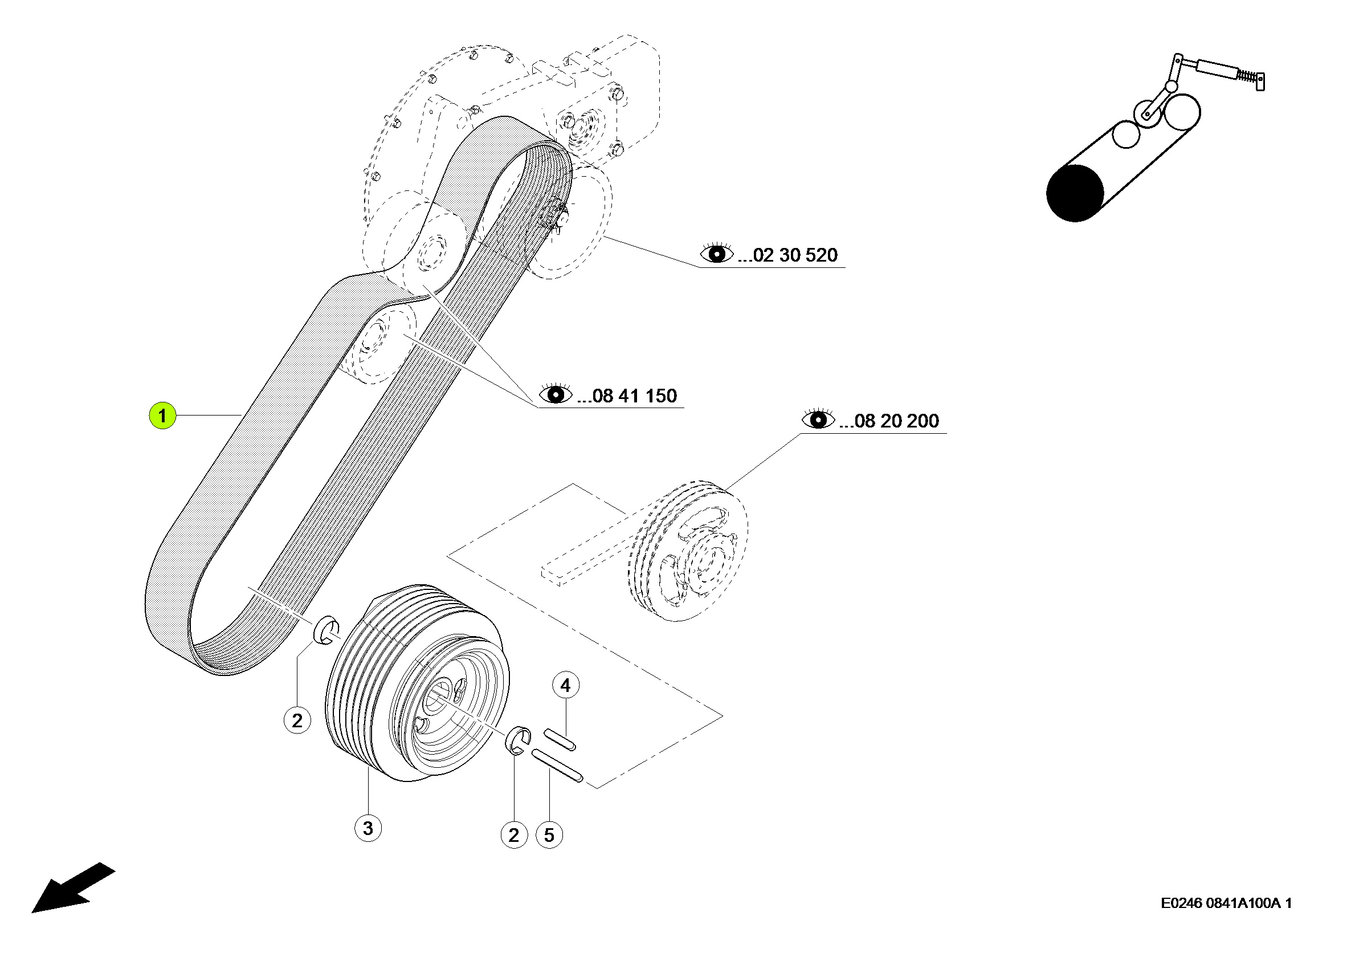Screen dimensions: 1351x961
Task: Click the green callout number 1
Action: (x=162, y=416)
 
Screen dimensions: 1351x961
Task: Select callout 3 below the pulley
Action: (x=368, y=828)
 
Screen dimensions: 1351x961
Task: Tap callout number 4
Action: (x=565, y=685)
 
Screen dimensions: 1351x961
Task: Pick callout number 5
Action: (x=549, y=835)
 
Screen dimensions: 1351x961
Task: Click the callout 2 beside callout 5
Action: (x=513, y=835)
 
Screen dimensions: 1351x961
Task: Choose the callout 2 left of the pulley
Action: (x=297, y=720)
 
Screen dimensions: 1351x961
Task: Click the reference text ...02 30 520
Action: (x=787, y=255)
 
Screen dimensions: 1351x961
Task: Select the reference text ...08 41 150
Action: (x=626, y=396)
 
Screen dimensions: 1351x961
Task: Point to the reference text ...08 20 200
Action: (x=888, y=421)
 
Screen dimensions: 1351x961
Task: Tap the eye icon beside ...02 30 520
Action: (x=717, y=254)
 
